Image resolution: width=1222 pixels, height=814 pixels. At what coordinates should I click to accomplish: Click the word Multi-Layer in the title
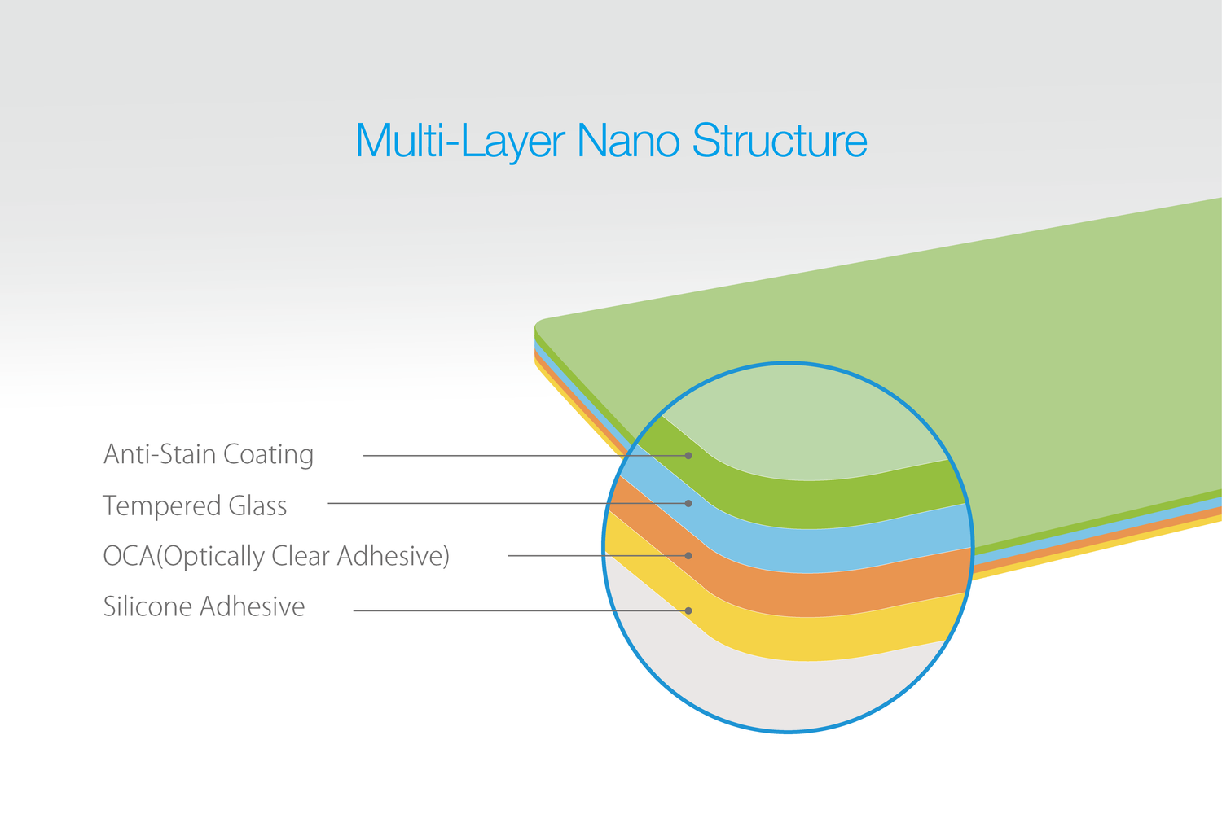click(460, 141)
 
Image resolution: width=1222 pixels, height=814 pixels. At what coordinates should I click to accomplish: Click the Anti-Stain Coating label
click(209, 455)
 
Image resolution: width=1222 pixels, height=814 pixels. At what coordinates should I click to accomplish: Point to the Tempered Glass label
click(195, 505)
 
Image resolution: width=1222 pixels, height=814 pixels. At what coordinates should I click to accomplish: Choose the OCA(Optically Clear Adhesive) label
click(276, 556)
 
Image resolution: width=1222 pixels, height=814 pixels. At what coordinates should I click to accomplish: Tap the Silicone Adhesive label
click(204, 606)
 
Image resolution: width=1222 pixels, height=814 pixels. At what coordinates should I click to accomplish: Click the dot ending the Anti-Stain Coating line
click(688, 456)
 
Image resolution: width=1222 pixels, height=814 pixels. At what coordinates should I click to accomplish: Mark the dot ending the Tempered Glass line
click(688, 503)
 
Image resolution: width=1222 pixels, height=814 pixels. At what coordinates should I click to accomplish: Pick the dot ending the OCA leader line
click(688, 556)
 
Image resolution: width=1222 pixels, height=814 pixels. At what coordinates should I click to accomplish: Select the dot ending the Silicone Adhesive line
click(688, 610)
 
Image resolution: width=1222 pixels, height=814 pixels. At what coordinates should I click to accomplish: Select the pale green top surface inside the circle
click(802, 431)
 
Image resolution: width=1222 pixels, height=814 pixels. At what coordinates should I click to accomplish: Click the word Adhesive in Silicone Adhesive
click(252, 606)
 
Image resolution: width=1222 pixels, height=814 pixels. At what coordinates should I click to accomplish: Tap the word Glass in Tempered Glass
click(257, 505)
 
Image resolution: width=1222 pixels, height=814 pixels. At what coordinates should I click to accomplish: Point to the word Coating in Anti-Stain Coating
click(268, 455)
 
